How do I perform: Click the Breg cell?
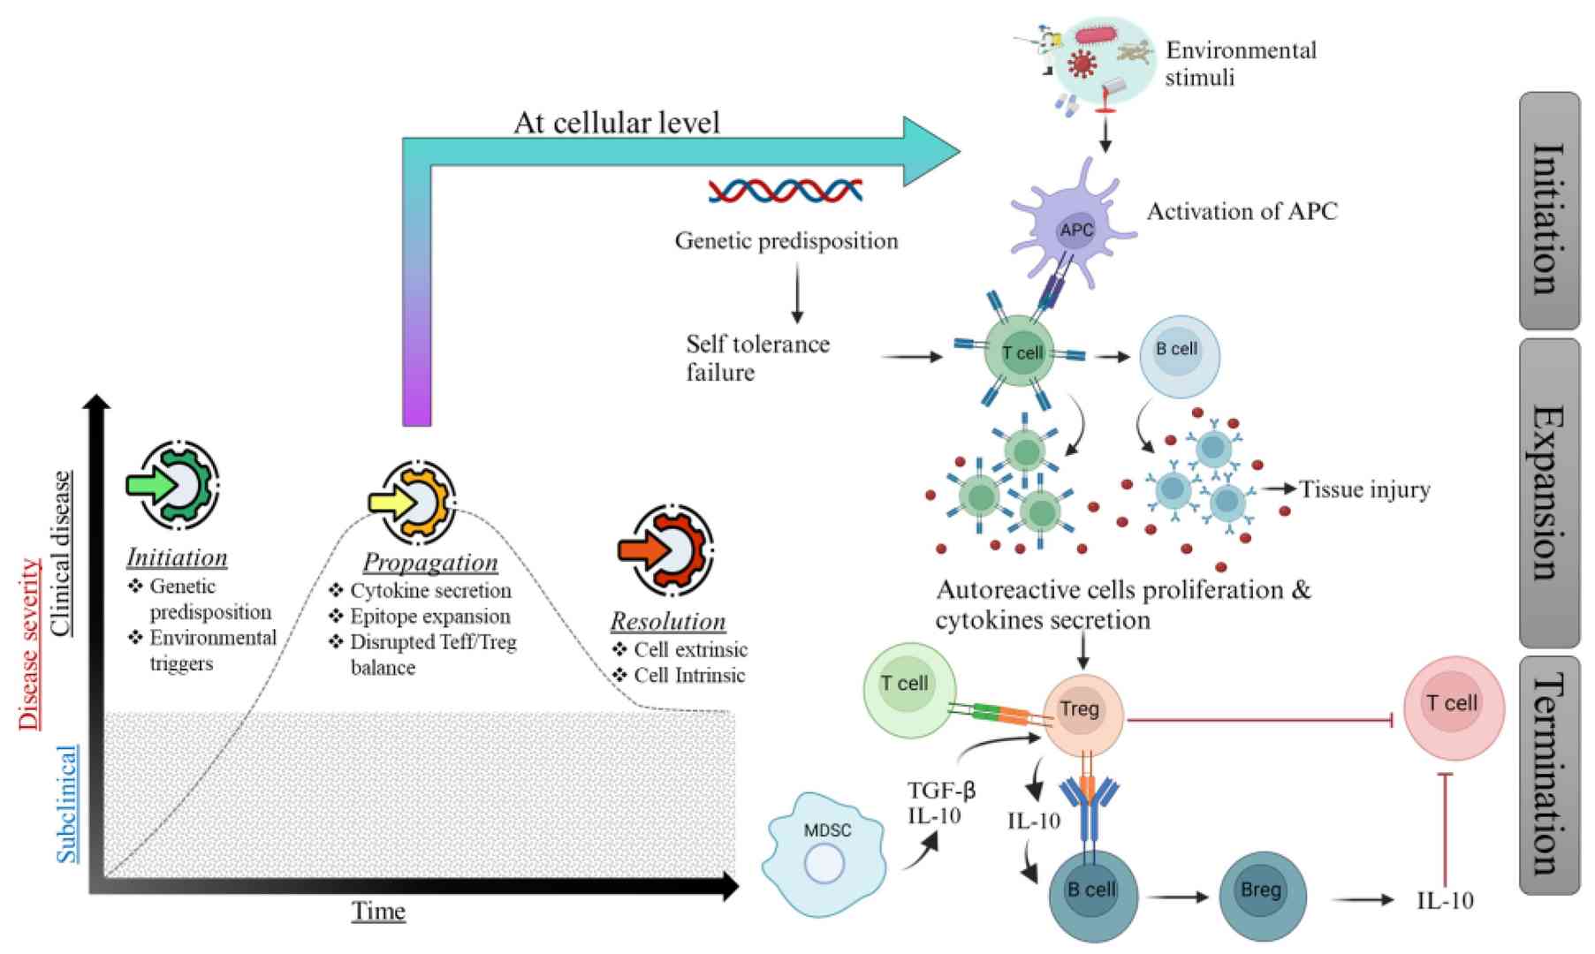tap(1261, 895)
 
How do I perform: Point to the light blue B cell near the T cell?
tap(1180, 355)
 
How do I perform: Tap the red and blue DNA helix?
tap(786, 190)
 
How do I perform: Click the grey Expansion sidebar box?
tap(1549, 493)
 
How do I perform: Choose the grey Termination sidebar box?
tap(1549, 774)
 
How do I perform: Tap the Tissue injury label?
tap(1364, 489)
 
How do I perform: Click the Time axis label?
tap(378, 912)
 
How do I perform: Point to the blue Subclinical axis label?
tap(67, 804)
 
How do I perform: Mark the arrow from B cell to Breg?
tap(1177, 897)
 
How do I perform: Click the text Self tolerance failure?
tap(757, 358)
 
